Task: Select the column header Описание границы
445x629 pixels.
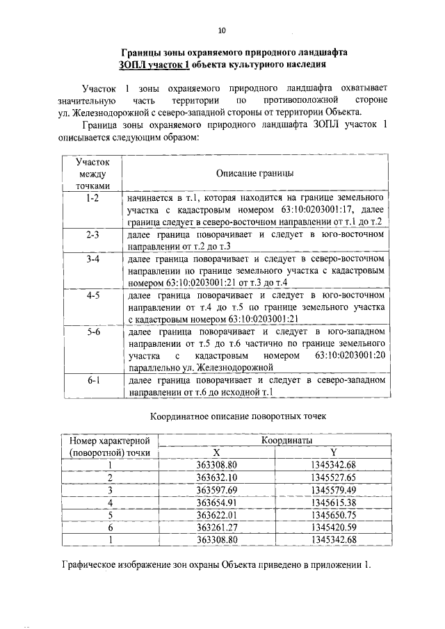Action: coord(254,172)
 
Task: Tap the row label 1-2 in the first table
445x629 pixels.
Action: coord(91,198)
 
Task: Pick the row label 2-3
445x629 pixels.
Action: coord(91,235)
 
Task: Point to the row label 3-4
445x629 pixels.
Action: coord(91,259)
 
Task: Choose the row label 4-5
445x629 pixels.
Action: coord(91,295)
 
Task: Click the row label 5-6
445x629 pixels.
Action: coord(91,332)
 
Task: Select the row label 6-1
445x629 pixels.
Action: coord(91,381)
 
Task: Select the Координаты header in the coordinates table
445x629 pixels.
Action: coord(285,440)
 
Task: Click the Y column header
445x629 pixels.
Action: coord(334,452)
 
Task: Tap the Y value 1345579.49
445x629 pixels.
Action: coord(334,490)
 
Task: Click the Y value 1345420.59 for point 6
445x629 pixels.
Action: coord(334,528)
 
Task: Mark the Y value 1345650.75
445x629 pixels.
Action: coord(334,515)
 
